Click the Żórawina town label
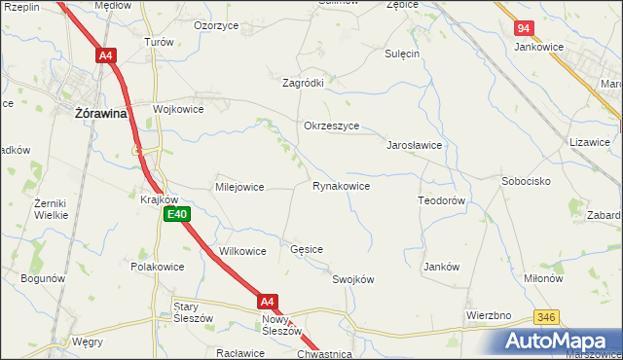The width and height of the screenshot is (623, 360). coord(102,114)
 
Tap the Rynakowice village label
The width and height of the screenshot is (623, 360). coord(341,186)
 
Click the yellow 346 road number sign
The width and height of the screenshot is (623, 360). coord(546,318)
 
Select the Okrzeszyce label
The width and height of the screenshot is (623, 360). coord(332,126)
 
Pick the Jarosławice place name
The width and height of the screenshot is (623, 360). coord(416,145)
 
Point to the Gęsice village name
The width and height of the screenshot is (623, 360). coord(307,250)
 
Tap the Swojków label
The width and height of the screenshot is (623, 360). coord(353,279)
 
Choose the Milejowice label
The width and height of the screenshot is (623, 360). coord(239,187)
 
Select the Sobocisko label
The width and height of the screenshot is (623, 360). coord(527,182)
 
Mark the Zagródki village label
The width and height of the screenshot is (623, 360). coord(303,84)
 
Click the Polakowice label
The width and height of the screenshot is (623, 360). coord(158,266)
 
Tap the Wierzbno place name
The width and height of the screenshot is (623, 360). coord(489,316)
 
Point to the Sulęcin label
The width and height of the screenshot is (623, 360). coord(402,54)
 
